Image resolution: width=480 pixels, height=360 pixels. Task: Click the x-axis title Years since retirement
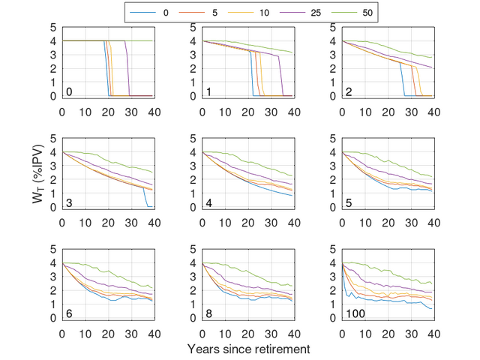click(x=248, y=349)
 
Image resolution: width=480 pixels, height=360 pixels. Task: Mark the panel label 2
click(x=349, y=91)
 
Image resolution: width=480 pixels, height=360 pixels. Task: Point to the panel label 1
click(x=209, y=91)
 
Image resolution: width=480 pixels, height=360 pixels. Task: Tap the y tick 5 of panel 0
click(x=53, y=27)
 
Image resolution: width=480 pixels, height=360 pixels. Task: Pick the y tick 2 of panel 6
click(x=53, y=290)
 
